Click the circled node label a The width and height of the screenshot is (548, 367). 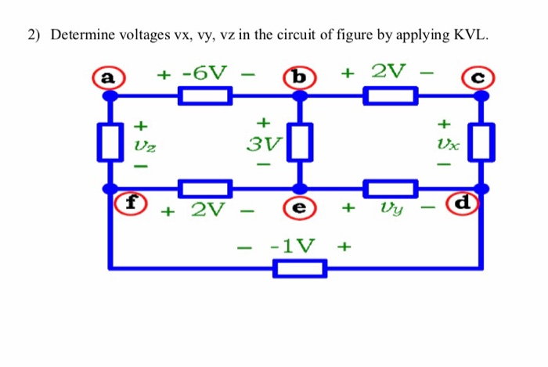(107, 77)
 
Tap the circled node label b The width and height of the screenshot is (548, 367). (297, 77)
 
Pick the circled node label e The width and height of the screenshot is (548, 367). (298, 208)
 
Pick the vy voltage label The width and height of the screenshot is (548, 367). (392, 209)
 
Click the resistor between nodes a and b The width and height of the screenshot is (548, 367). (204, 96)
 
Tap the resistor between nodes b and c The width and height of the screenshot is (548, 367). (389, 96)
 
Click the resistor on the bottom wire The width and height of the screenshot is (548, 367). (299, 268)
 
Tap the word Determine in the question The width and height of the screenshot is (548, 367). (81, 35)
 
